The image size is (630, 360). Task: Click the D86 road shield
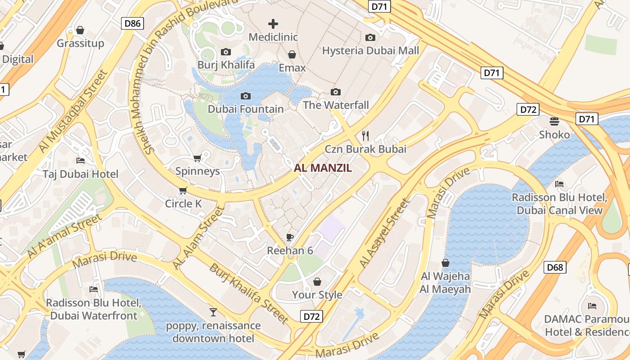(x=132, y=23)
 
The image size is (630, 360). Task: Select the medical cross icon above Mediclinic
(x=273, y=24)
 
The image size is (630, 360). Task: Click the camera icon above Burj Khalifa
(x=226, y=52)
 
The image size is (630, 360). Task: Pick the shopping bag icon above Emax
(x=292, y=54)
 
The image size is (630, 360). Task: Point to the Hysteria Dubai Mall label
(x=370, y=50)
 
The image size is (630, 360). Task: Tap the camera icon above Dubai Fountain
(x=246, y=96)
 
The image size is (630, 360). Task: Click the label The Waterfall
(x=336, y=105)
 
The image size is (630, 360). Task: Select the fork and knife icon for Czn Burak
(x=365, y=135)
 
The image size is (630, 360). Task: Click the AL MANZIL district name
(x=323, y=168)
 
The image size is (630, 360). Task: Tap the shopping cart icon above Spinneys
(x=197, y=158)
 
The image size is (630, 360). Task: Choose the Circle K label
(x=184, y=204)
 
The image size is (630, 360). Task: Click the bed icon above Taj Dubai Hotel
(x=81, y=161)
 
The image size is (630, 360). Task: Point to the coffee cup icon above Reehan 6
(x=290, y=237)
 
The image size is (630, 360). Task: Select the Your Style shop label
(x=317, y=295)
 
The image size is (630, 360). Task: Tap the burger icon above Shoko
(x=554, y=121)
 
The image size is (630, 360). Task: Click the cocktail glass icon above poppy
(x=213, y=312)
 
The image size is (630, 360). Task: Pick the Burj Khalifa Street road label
(x=249, y=293)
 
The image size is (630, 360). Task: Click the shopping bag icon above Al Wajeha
(x=445, y=263)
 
